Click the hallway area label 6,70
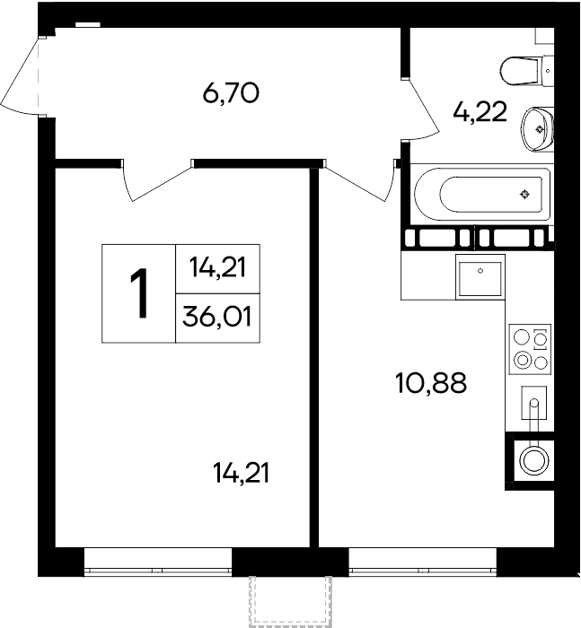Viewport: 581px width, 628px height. click(231, 93)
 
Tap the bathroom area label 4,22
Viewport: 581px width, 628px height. click(480, 112)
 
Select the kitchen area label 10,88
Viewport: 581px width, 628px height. click(431, 382)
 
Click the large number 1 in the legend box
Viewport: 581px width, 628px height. click(139, 293)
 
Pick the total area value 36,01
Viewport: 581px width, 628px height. click(217, 318)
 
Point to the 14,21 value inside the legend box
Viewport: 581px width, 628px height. click(217, 267)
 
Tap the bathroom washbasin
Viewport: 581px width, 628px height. click(538, 128)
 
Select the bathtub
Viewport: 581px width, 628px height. click(482, 195)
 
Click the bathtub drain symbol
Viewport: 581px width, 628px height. click(524, 195)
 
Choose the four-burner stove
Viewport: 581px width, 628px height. click(530, 349)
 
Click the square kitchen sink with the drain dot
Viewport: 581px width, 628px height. click(480, 277)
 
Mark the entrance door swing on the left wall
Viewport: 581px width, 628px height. click(22, 75)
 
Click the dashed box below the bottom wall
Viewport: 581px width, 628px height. click(290, 601)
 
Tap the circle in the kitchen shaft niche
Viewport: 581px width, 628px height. click(533, 460)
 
